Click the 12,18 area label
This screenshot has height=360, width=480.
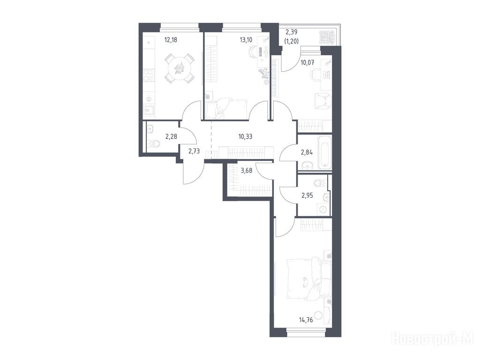click(x=171, y=39)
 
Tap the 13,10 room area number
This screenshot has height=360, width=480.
click(x=246, y=39)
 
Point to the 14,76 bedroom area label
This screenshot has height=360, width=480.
click(x=306, y=320)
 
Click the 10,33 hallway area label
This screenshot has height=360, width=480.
click(x=246, y=136)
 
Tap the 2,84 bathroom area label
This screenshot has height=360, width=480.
click(x=307, y=152)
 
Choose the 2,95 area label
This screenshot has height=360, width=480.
click(x=307, y=195)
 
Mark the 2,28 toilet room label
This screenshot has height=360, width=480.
click(x=171, y=136)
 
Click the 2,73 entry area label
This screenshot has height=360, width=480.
click(x=194, y=150)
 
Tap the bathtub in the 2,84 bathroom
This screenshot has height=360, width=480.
click(x=325, y=153)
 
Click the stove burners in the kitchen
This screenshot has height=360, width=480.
click(x=149, y=75)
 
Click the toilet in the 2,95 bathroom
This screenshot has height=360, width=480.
click(x=320, y=183)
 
